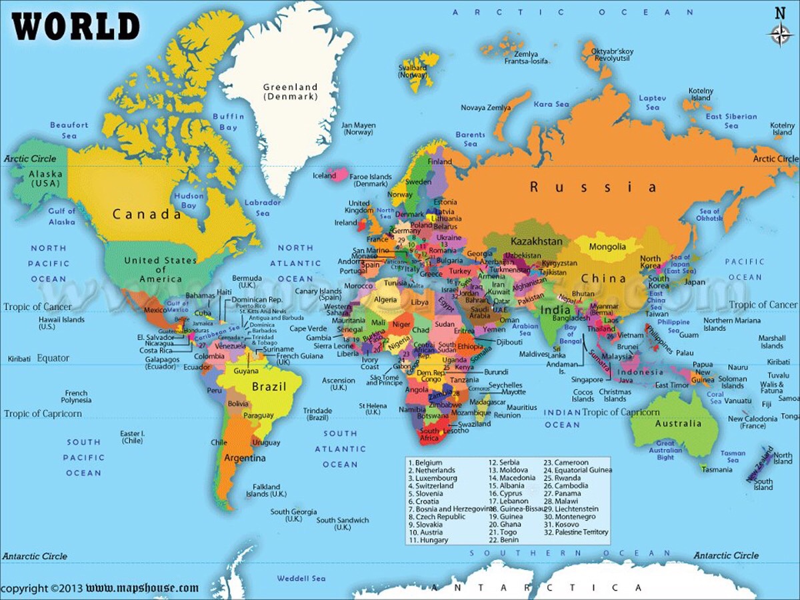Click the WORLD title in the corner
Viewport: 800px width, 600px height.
76,27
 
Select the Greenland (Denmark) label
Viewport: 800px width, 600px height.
290,91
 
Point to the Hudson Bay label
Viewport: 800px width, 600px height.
189,201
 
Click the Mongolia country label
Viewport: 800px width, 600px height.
607,247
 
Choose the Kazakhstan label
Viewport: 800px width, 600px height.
537,240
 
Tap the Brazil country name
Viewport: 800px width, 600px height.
269,387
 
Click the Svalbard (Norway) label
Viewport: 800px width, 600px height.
413,71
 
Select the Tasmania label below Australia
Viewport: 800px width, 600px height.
717,469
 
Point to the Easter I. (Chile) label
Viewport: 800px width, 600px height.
132,437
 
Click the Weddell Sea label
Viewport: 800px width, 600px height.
301,578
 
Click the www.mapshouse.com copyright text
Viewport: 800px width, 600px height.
142,588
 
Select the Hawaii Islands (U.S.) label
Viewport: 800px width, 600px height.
61,323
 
